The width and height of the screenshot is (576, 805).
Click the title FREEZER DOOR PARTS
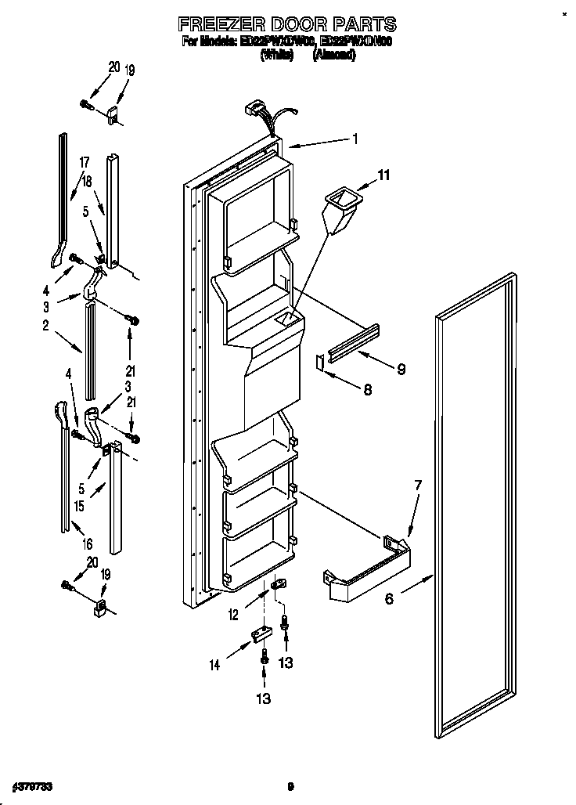[x=288, y=24]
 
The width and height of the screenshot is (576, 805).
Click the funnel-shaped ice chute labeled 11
[x=339, y=208]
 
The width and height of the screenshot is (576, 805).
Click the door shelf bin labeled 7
[x=368, y=579]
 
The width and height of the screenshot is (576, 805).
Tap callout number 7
[x=417, y=486]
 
